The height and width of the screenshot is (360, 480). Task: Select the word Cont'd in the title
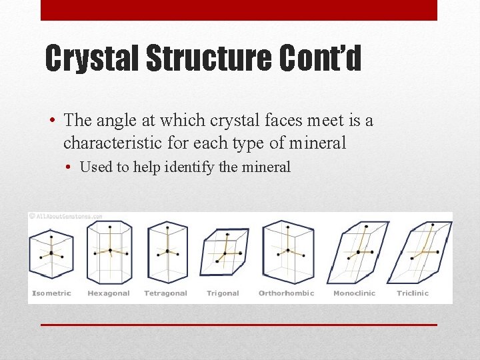coord(319,59)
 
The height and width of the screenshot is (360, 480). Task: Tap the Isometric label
coord(52,293)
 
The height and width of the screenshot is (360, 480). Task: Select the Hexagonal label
coord(109,293)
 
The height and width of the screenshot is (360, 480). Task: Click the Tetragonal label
coord(165,293)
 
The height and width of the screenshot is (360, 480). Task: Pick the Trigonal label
coord(223,293)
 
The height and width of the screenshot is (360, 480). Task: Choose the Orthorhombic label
coord(286,293)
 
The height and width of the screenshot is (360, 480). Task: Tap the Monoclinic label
coord(354,293)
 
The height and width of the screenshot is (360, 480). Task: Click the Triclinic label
coord(413,293)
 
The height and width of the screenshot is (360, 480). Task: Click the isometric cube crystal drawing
coord(51,254)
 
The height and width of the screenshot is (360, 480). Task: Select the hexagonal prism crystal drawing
coord(109,252)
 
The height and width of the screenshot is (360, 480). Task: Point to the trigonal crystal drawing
coord(224,252)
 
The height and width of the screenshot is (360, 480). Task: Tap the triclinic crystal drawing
coord(420,252)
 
